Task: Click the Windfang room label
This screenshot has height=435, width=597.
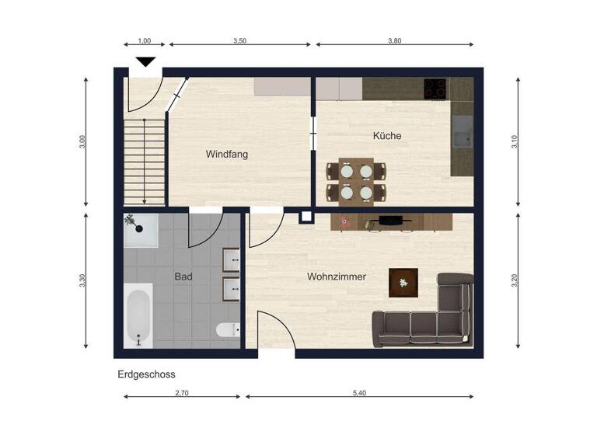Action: point(227,155)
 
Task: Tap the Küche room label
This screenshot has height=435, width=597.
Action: point(387,136)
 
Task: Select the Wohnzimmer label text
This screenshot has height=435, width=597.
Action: point(336,277)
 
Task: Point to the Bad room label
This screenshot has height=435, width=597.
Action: point(183,277)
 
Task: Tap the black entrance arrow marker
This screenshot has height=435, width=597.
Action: point(145,62)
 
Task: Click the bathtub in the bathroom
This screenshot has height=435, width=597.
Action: point(138,315)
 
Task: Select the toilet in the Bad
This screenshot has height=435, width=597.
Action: point(228,330)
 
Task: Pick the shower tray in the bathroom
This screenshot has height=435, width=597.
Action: point(141,230)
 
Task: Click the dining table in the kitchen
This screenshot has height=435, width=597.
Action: point(356,181)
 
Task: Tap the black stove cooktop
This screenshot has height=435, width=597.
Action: point(435,89)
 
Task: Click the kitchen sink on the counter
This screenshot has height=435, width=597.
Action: point(464,132)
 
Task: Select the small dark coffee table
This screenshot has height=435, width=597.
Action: point(403,283)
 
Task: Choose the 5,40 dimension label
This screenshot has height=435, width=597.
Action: point(359,394)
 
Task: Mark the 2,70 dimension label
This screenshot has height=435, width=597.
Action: point(181,394)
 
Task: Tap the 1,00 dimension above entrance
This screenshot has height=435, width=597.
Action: point(145,41)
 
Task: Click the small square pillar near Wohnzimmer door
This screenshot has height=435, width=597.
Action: point(306,217)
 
